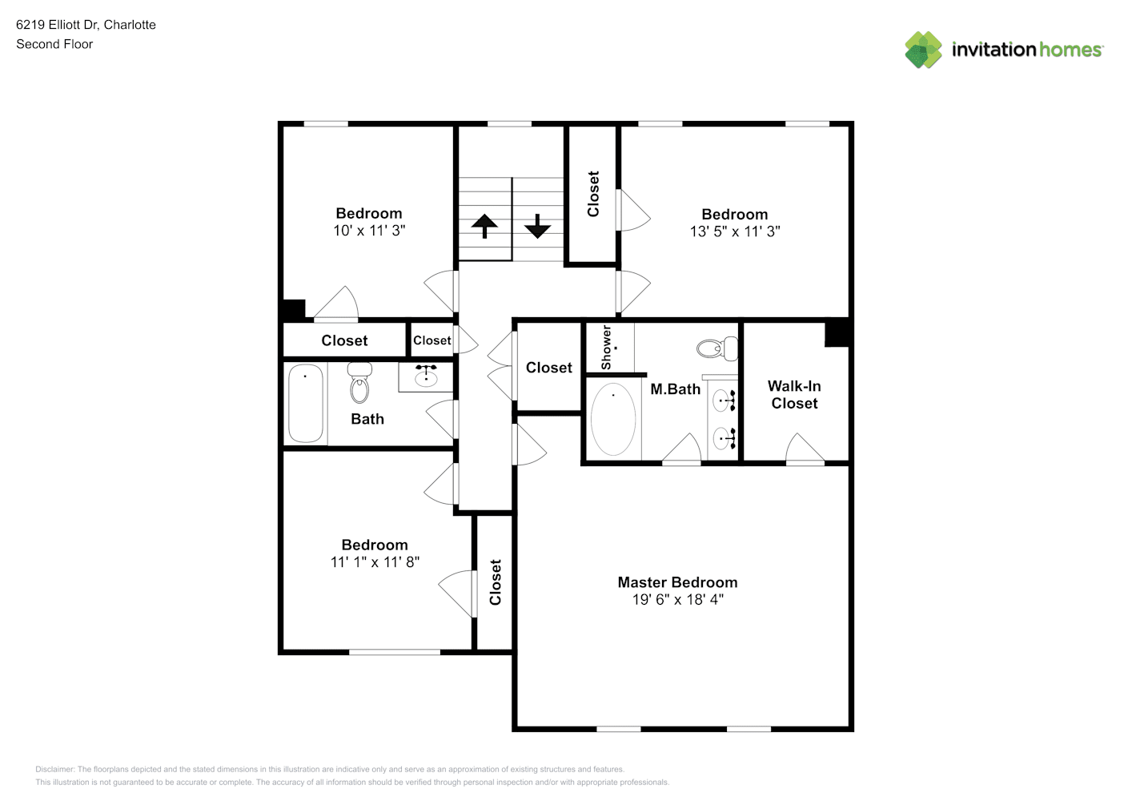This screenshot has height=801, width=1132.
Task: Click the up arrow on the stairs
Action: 484,226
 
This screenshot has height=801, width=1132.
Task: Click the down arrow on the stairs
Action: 537,226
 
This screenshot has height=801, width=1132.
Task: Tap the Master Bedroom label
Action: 677,582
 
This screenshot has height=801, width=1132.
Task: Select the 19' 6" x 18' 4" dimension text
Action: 678,599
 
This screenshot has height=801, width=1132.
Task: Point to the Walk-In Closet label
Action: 794,394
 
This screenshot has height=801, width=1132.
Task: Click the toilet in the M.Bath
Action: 717,348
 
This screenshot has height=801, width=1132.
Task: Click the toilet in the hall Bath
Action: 359,383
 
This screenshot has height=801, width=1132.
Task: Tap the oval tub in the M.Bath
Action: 613,419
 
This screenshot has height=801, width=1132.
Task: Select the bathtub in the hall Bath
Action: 305,403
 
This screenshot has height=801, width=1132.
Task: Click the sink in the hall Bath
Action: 426,376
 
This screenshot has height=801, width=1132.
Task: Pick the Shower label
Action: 606,348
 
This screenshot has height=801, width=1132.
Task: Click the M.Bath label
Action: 675,388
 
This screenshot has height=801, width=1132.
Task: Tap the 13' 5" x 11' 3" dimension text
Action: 735,231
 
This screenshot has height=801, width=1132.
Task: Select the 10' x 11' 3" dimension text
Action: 369,230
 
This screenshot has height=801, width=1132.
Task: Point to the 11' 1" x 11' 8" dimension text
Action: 375,562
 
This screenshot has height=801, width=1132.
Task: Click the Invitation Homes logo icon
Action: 923,50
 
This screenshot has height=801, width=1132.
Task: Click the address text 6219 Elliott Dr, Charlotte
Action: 86,25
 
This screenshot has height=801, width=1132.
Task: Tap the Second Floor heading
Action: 54,44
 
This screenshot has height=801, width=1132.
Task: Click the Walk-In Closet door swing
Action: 805,448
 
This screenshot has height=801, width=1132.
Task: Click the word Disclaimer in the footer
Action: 54,769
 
